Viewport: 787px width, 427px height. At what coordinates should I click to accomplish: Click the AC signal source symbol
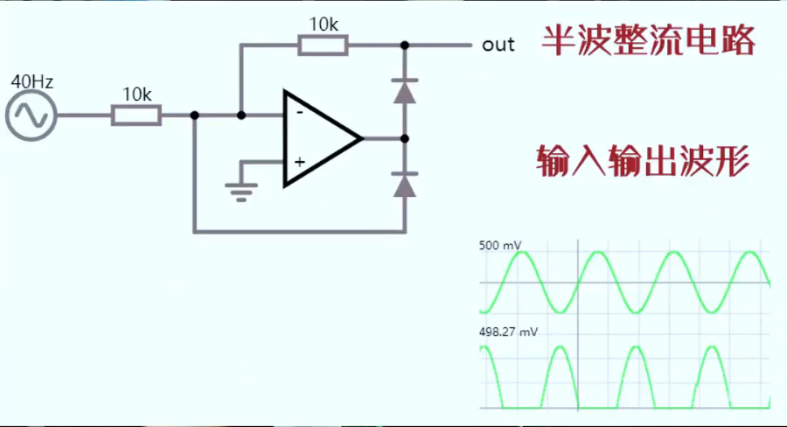click(31, 115)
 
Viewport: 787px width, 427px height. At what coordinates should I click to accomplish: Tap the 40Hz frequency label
click(31, 82)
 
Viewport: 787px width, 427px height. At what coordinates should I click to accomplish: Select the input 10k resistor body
click(136, 115)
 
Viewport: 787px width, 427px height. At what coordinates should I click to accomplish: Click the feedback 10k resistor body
click(324, 45)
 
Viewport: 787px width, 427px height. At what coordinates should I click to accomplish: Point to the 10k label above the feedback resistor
click(324, 24)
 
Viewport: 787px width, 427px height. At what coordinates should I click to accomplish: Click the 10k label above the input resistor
click(136, 94)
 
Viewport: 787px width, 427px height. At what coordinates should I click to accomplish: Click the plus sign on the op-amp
click(299, 162)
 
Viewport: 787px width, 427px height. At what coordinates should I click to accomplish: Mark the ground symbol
click(241, 191)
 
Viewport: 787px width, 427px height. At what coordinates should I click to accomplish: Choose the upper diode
click(404, 91)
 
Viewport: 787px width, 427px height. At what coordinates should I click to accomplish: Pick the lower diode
click(404, 185)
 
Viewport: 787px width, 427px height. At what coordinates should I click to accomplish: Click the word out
click(498, 45)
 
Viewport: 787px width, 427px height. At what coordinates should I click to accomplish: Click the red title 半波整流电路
click(648, 40)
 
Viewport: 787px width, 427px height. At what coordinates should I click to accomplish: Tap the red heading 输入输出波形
click(643, 162)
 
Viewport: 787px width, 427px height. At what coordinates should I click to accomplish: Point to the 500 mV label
click(501, 246)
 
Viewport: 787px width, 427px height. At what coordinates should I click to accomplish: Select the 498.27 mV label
click(508, 332)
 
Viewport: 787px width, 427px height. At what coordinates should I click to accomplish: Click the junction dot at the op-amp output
click(404, 138)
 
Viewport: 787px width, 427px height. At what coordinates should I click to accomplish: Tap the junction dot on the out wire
click(404, 45)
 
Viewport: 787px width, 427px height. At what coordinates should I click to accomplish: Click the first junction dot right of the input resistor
click(194, 115)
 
